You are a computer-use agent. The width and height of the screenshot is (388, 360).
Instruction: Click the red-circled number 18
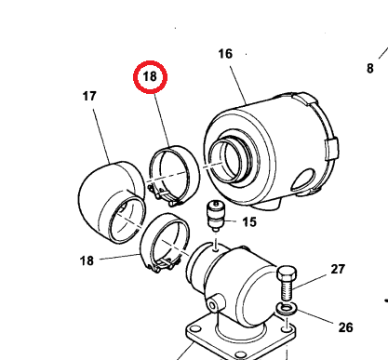pos(150,76)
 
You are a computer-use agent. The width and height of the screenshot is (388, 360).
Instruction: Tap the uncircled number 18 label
pos(87,260)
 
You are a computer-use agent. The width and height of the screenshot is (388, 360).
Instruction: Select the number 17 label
pos(89,96)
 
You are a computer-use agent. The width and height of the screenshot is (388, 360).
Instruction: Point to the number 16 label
pos(225,54)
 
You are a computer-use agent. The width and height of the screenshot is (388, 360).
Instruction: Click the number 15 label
pos(249,222)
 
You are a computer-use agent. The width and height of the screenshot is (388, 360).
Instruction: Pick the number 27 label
pos(338,269)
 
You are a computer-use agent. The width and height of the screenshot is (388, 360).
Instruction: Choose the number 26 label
pos(346,327)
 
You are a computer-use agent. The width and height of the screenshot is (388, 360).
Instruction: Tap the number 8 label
pos(370,69)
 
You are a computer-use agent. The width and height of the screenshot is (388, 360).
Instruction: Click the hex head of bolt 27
pos(287,273)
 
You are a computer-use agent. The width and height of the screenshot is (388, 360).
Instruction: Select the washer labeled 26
pos(287,308)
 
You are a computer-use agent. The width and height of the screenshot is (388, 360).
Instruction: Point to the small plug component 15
pos(215,216)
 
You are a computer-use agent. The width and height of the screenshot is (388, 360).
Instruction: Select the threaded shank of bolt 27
pos(287,290)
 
